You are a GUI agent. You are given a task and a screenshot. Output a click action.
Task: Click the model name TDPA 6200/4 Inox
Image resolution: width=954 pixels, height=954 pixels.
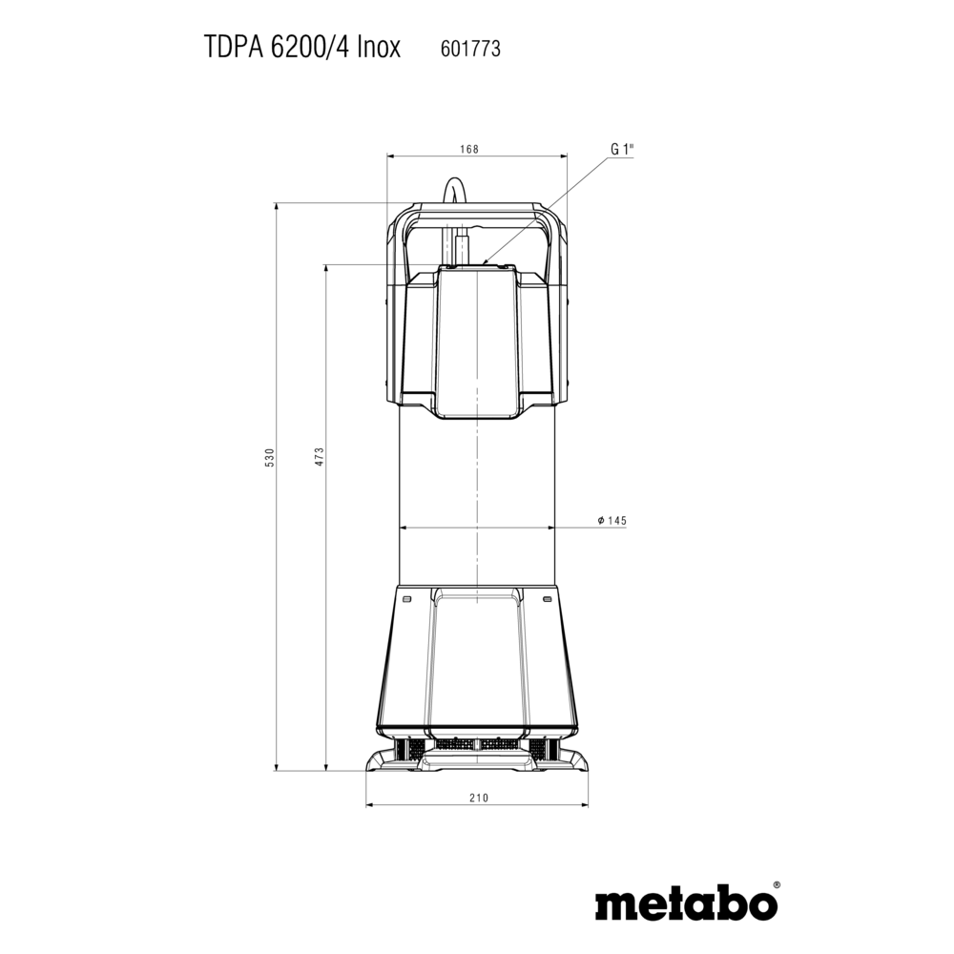[301, 48]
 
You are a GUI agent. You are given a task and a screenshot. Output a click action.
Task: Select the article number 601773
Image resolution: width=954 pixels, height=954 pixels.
[470, 49]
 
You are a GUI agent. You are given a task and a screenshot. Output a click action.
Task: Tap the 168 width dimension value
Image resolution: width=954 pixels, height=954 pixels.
[469, 149]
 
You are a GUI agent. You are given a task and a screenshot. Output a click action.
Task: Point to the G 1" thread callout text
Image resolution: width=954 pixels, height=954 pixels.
[622, 149]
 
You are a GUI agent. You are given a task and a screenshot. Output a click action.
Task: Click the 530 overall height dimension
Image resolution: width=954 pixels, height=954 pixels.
[270, 457]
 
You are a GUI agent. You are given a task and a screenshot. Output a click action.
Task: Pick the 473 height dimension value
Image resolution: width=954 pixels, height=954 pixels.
[320, 457]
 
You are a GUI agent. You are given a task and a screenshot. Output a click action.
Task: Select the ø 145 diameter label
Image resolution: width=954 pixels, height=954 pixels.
[612, 521]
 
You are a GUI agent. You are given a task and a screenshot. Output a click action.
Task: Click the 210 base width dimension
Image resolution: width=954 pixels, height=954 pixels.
[479, 798]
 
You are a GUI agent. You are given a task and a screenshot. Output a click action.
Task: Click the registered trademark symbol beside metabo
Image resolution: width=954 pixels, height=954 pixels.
[777, 886]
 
